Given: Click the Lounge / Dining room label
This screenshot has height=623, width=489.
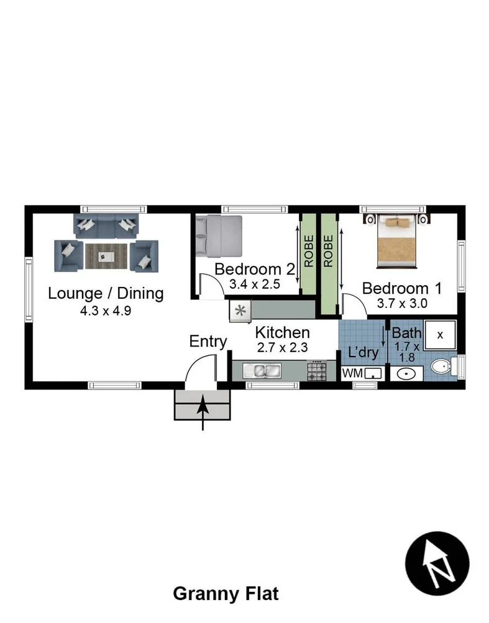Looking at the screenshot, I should (x=106, y=293).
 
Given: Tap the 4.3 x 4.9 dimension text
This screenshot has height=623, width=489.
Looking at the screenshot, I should (x=106, y=311).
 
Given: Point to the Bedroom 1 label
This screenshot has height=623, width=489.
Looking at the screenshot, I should (x=402, y=288).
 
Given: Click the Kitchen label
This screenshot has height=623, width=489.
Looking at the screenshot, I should (x=282, y=332).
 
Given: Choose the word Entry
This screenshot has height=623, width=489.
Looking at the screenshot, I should (x=208, y=341).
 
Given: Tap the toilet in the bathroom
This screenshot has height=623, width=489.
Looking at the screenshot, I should (x=443, y=366).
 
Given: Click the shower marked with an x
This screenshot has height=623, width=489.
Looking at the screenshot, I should (x=440, y=335).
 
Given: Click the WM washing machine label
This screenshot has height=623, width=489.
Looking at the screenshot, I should (x=351, y=373).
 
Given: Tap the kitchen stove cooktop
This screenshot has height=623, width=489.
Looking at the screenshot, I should (x=317, y=371).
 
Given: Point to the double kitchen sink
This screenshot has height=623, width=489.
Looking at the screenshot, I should (x=264, y=372).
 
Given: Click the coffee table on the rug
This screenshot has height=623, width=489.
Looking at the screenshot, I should (x=106, y=255).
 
